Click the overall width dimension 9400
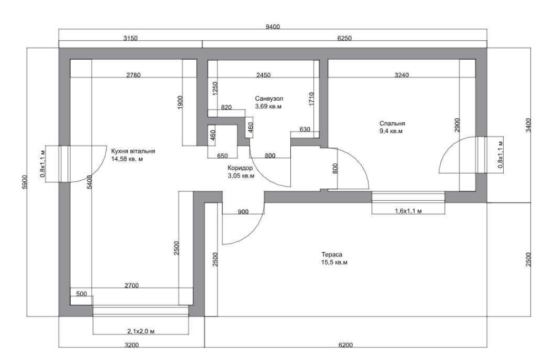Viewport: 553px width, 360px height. [x=272, y=27]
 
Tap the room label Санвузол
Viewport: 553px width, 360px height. [x=269, y=98]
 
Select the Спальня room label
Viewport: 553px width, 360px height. [x=392, y=124]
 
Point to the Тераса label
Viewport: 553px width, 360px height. [x=331, y=254]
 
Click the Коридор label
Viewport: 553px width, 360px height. [x=240, y=168]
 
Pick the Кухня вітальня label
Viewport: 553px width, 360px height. [x=133, y=152]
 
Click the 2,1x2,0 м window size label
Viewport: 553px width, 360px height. [x=140, y=331]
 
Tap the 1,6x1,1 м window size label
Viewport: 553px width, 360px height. [x=408, y=211]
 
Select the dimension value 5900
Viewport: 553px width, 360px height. [x=24, y=182]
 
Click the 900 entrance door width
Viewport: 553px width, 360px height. [x=243, y=212]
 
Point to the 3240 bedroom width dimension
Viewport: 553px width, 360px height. [x=401, y=75]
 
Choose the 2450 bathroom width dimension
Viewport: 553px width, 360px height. [x=263, y=75]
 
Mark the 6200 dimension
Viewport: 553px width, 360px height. [x=346, y=345]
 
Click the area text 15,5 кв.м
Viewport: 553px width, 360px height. [x=335, y=263]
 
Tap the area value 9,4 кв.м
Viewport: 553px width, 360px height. [x=391, y=131]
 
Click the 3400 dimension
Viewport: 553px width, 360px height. [x=528, y=125]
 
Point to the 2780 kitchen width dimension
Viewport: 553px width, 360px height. [x=133, y=75]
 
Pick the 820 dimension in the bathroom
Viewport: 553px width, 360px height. [x=226, y=107]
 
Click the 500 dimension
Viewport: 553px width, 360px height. [x=81, y=294]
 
